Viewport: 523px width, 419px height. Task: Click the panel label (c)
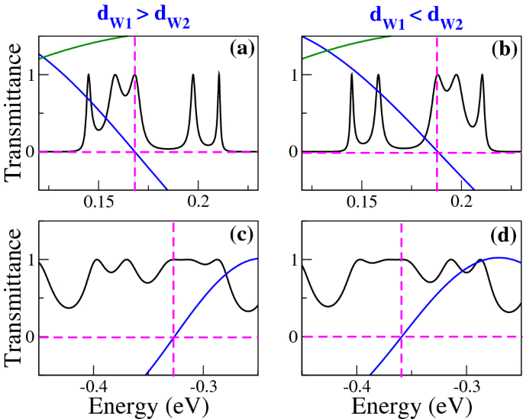tap(242, 236)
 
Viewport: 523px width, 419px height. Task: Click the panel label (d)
tap(505, 236)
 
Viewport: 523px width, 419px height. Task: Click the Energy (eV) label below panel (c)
tap(147, 405)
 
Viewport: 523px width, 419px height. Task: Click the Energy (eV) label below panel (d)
tap(411, 405)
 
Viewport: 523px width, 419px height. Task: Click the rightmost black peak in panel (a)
tap(219, 73)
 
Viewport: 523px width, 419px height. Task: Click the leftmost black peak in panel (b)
tap(351, 74)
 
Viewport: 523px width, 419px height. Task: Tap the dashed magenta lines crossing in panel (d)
tap(402, 337)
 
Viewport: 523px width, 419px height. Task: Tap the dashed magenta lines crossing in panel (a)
tap(135, 152)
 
